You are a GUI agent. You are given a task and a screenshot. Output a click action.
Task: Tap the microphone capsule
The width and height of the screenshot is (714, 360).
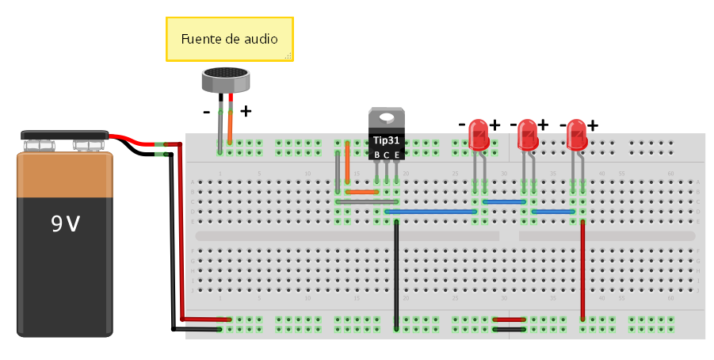[x=226, y=79]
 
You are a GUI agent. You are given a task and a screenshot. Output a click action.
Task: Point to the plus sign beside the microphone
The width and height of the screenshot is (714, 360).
[x=246, y=112]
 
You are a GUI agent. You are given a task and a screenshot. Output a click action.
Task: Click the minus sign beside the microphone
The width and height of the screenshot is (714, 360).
[x=207, y=113]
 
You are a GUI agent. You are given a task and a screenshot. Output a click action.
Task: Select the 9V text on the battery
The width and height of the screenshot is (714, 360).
[x=65, y=224]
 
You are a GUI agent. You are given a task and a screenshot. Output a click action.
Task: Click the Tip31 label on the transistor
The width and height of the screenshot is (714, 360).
[x=387, y=140]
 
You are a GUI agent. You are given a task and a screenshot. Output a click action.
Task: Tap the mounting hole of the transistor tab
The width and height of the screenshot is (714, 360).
[x=387, y=118]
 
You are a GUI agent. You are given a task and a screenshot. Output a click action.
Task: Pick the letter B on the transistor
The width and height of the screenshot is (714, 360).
[x=377, y=154]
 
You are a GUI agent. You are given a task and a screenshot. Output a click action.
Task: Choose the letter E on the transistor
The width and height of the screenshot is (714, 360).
[x=396, y=154]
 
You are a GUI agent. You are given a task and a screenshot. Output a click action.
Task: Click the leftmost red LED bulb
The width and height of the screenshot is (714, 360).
[x=479, y=135]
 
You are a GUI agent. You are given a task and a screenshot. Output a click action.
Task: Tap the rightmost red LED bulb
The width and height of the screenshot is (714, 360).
[x=577, y=135]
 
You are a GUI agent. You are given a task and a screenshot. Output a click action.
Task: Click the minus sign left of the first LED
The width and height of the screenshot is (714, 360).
[x=463, y=124]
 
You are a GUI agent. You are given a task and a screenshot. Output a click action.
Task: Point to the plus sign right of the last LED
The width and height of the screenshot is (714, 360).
[x=592, y=124]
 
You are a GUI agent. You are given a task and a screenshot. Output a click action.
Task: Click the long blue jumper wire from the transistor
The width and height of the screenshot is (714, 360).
[x=432, y=212]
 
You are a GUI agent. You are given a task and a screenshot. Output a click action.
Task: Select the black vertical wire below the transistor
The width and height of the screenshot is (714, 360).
[x=396, y=274]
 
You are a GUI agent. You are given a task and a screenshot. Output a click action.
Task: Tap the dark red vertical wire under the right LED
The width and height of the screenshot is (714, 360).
[x=583, y=270]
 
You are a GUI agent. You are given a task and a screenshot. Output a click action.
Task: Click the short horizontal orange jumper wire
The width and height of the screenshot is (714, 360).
[x=362, y=192]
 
